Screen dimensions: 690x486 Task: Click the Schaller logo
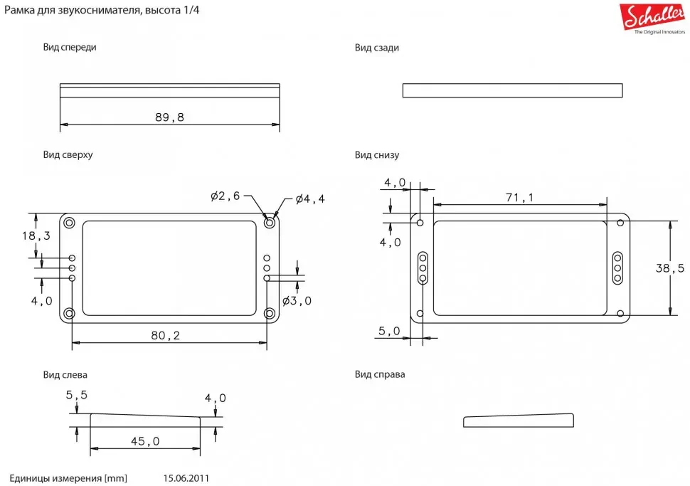click(652, 18)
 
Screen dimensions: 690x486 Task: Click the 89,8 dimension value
click(169, 117)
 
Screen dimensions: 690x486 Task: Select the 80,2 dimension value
click(166, 335)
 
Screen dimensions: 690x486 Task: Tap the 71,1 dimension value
click(520, 197)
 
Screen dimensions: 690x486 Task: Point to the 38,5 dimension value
click(670, 268)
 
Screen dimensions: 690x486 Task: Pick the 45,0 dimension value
click(145, 441)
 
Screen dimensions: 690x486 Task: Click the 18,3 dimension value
click(36, 236)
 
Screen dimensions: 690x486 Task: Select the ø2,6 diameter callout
click(225, 196)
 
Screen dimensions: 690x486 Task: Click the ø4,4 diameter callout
click(310, 199)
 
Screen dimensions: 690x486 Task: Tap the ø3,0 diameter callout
click(297, 301)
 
